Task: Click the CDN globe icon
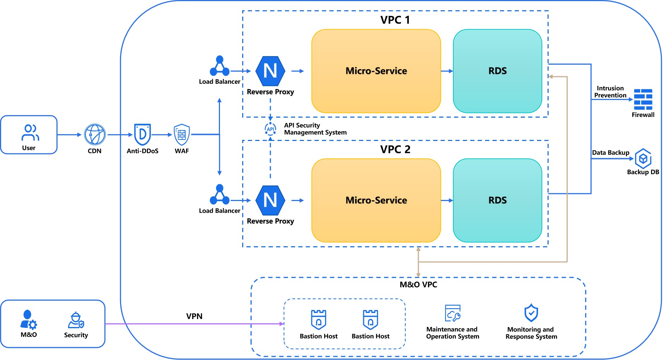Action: point(95,135)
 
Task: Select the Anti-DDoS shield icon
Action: point(142,134)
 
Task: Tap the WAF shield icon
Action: point(182,135)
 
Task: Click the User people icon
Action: point(30,132)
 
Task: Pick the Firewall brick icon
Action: point(643,100)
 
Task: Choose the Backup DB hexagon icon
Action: point(643,158)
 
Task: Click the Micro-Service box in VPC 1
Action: point(376,71)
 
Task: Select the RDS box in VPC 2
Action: point(497,200)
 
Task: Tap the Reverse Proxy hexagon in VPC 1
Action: point(270,71)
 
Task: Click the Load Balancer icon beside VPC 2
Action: point(220,195)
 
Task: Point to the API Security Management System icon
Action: point(270,129)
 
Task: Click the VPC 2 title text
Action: point(395,149)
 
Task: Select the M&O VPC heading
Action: point(418,285)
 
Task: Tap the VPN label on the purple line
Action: point(194,316)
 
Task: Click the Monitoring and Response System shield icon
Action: point(531,313)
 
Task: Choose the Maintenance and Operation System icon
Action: point(453,313)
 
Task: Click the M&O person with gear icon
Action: point(28,319)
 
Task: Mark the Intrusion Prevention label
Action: point(610,92)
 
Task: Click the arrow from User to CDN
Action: point(70,135)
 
